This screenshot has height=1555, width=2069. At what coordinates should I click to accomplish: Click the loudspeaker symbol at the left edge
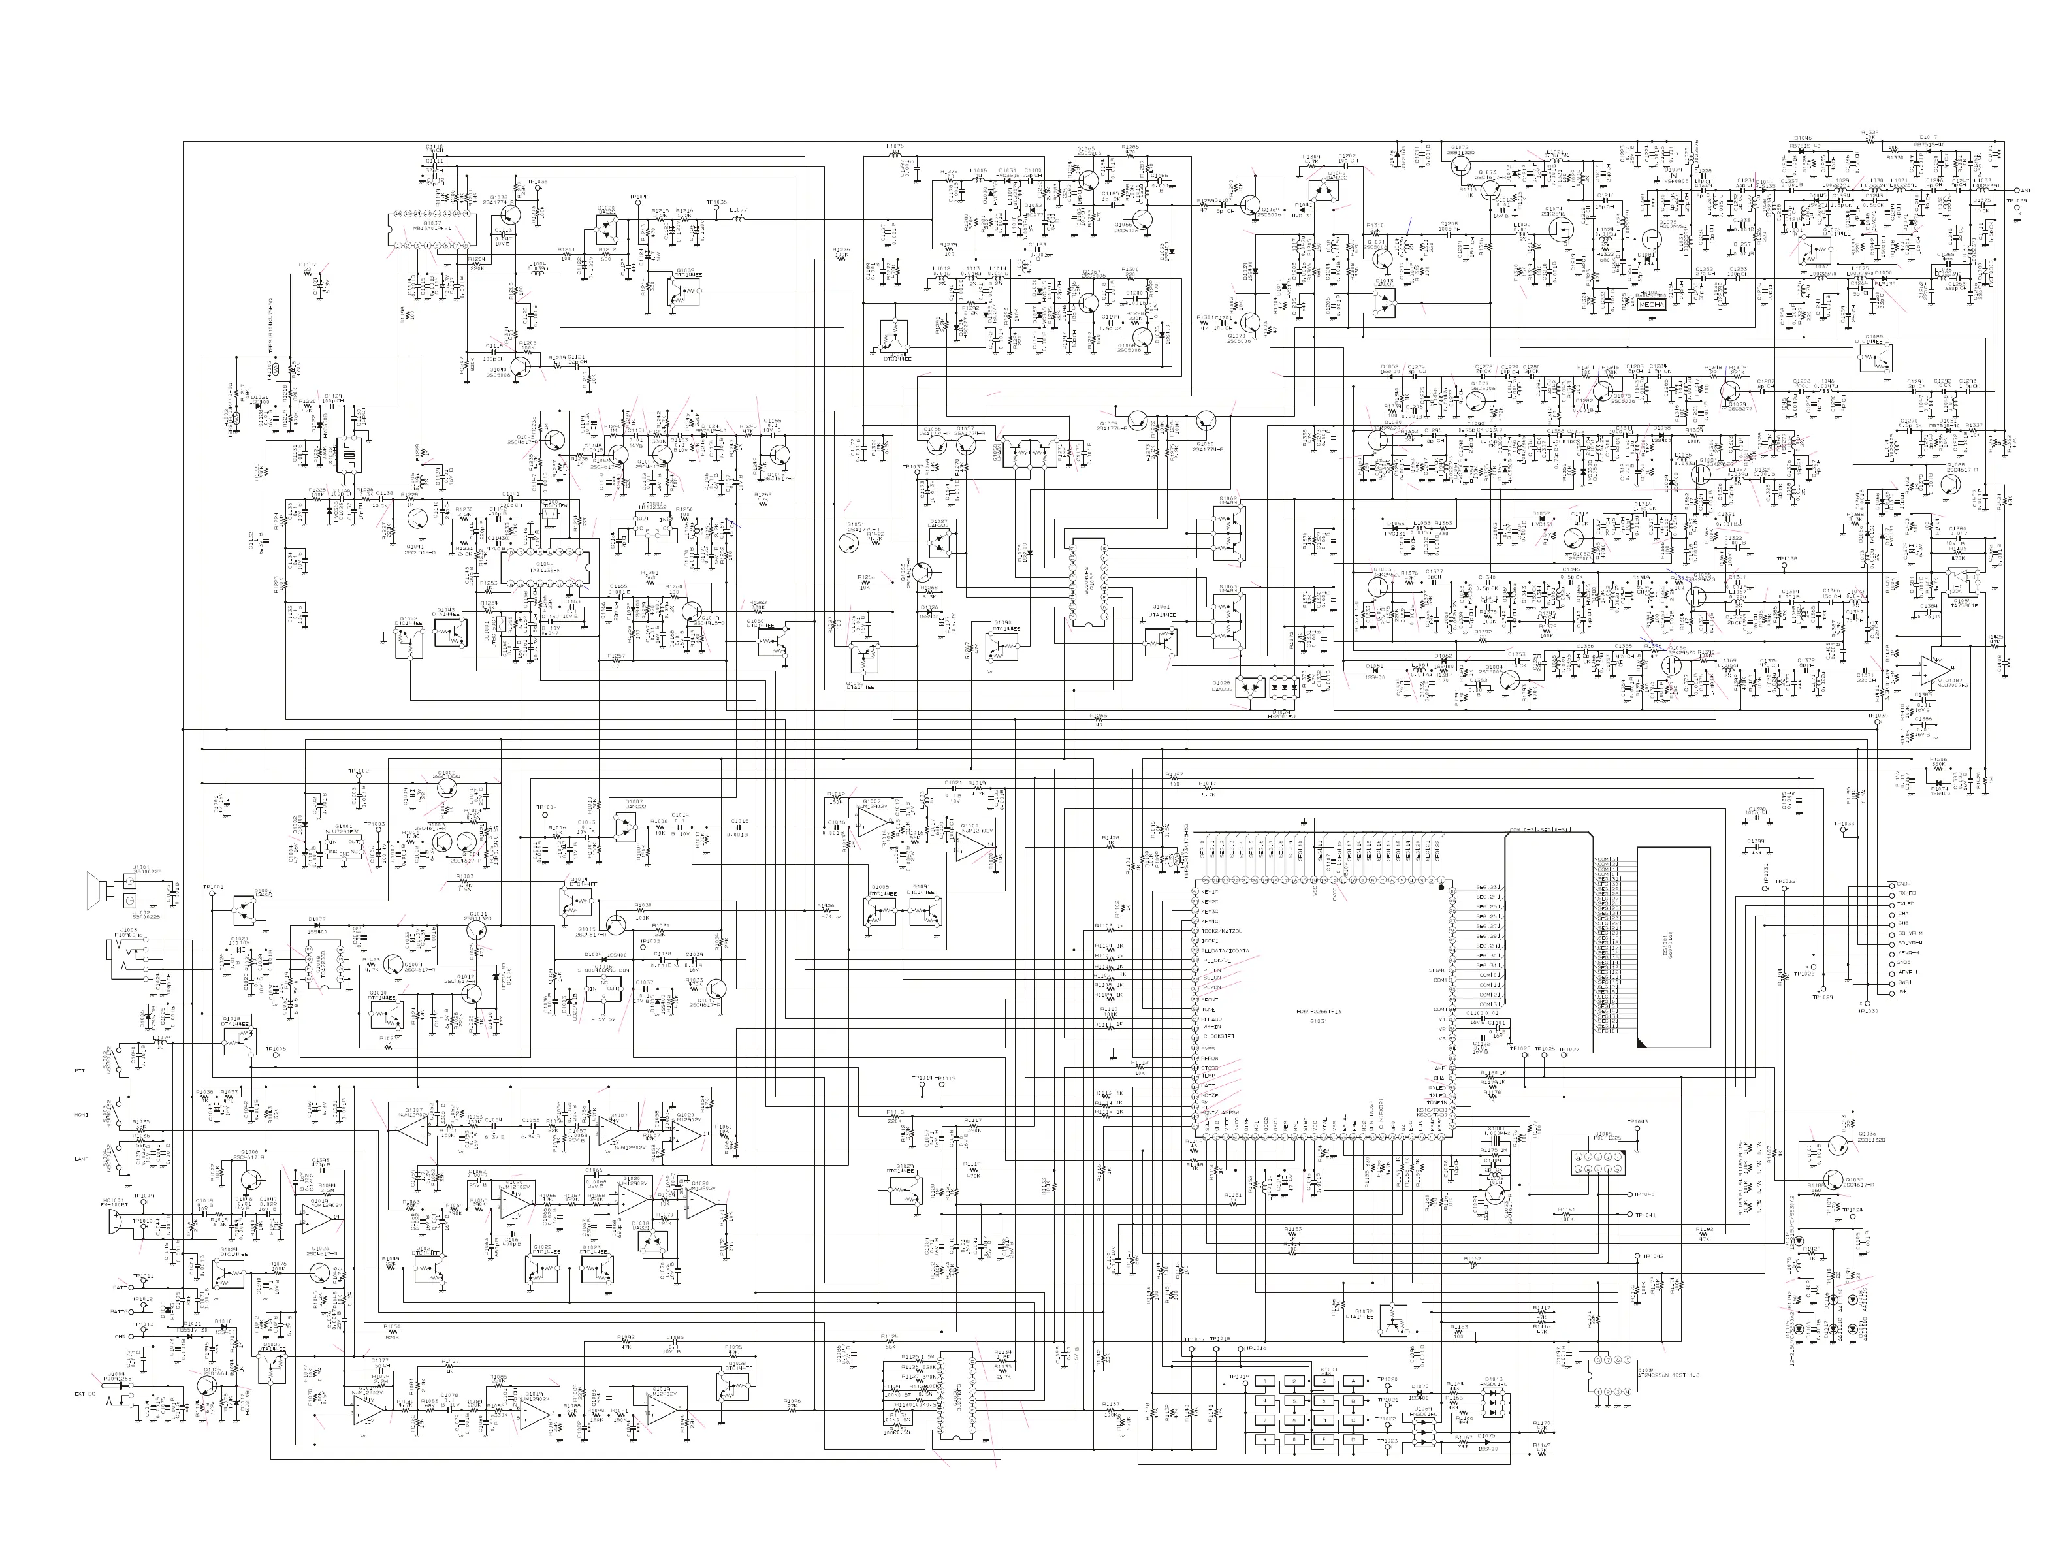(93, 888)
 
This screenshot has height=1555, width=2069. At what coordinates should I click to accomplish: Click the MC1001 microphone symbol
(114, 1223)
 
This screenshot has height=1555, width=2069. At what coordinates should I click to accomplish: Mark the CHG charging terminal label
(120, 1336)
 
